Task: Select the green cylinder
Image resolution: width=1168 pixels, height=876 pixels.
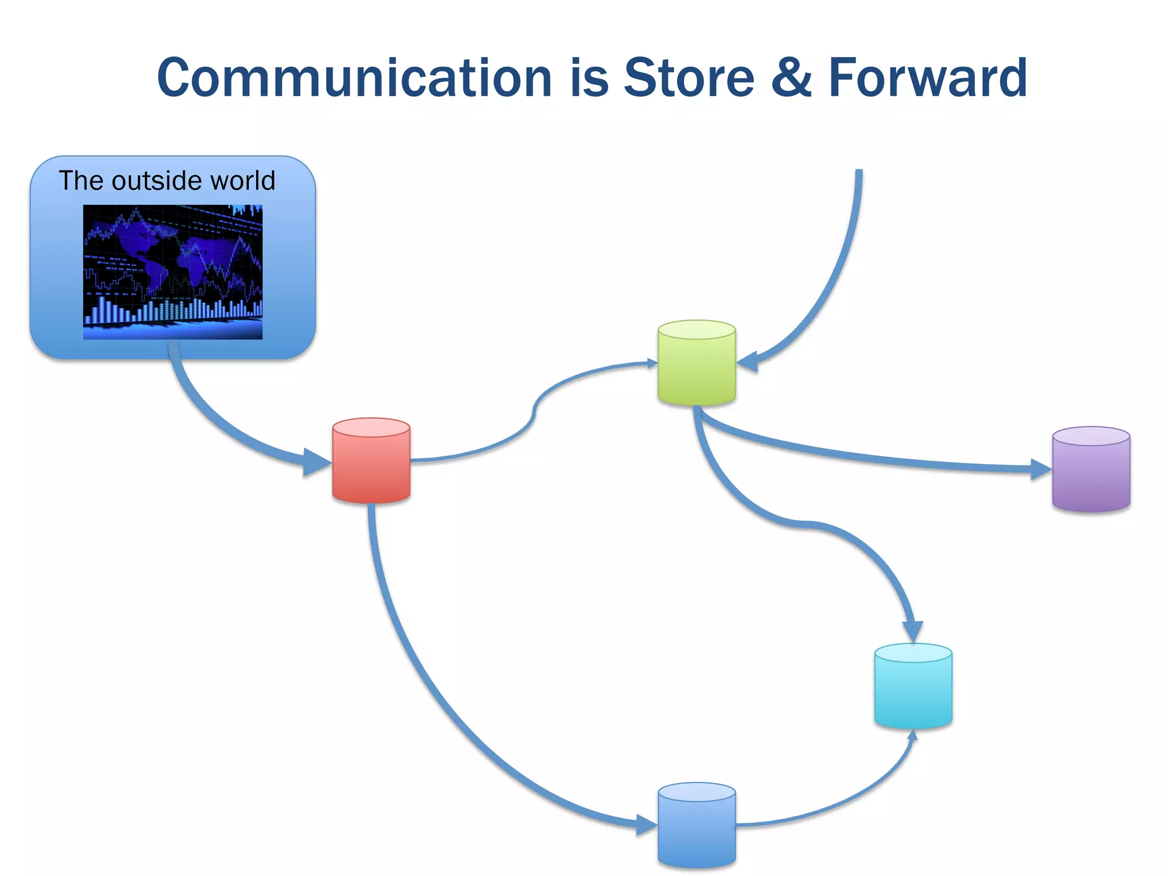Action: [696, 363]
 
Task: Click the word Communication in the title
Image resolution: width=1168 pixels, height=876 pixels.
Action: [354, 78]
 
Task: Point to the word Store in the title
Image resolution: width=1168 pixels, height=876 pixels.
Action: [689, 78]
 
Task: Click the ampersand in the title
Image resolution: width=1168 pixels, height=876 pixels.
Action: [791, 78]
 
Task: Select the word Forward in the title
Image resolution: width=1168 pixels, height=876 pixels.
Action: [927, 78]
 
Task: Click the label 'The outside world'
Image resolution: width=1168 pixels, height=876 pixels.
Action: [167, 181]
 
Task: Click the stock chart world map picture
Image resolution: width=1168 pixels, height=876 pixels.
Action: [173, 272]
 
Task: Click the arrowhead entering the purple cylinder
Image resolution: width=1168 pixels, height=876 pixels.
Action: [1040, 469]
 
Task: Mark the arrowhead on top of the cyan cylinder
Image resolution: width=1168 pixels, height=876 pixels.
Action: [913, 631]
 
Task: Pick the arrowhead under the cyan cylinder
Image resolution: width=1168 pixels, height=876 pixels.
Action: [912, 735]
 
